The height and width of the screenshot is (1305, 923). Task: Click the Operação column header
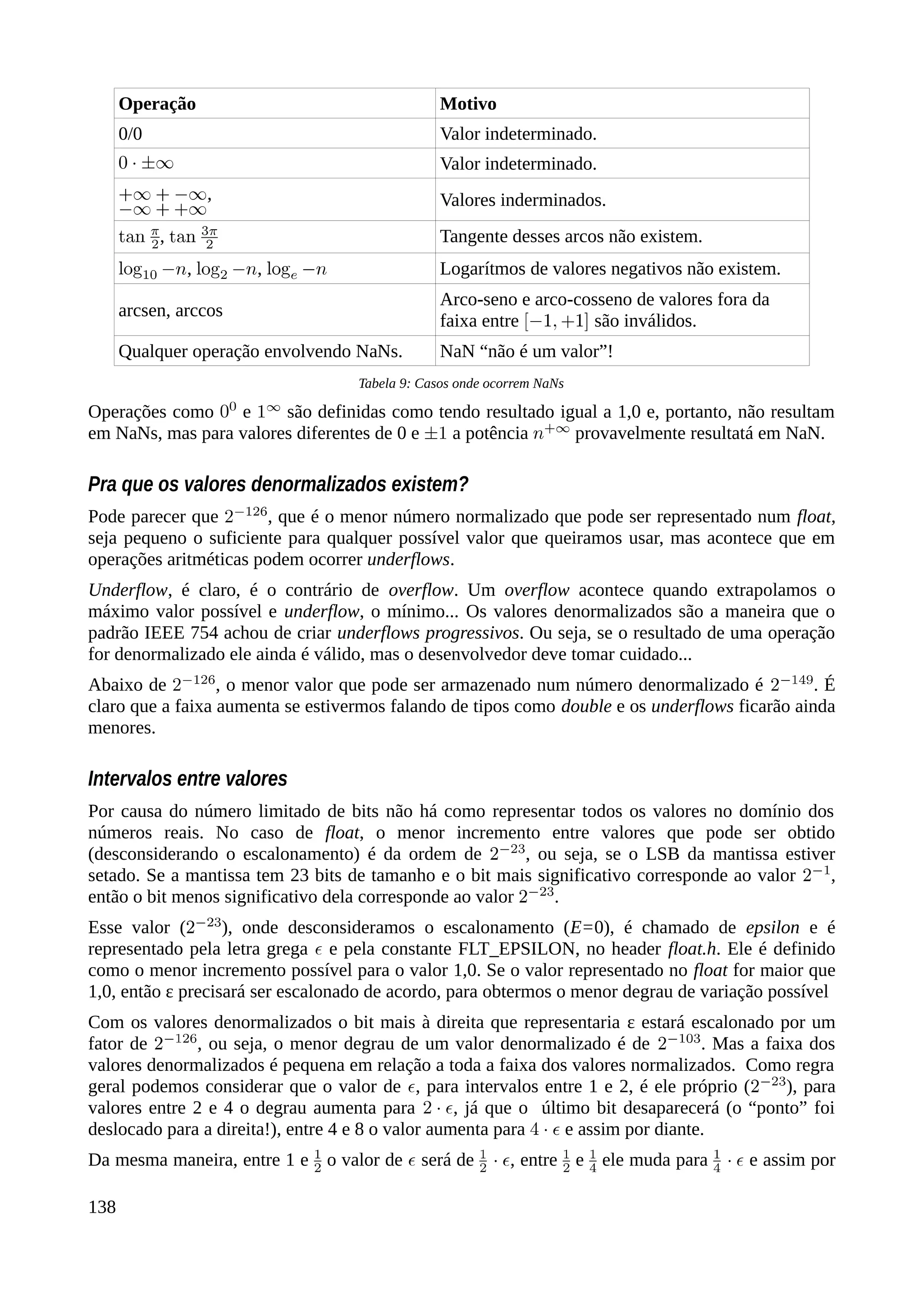(157, 104)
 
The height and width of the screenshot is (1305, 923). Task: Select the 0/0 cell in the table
(130, 134)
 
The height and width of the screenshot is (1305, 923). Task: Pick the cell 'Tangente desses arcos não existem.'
(571, 236)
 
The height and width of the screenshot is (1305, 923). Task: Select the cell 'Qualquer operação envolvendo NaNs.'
(260, 351)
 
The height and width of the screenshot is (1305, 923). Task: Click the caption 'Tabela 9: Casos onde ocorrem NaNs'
(461, 384)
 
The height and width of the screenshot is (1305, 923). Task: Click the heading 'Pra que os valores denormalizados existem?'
(278, 484)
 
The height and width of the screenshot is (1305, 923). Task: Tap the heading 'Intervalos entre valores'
(187, 778)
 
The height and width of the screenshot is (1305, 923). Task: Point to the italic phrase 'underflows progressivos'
(428, 633)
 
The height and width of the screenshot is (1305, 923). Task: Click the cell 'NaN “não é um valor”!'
(526, 351)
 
